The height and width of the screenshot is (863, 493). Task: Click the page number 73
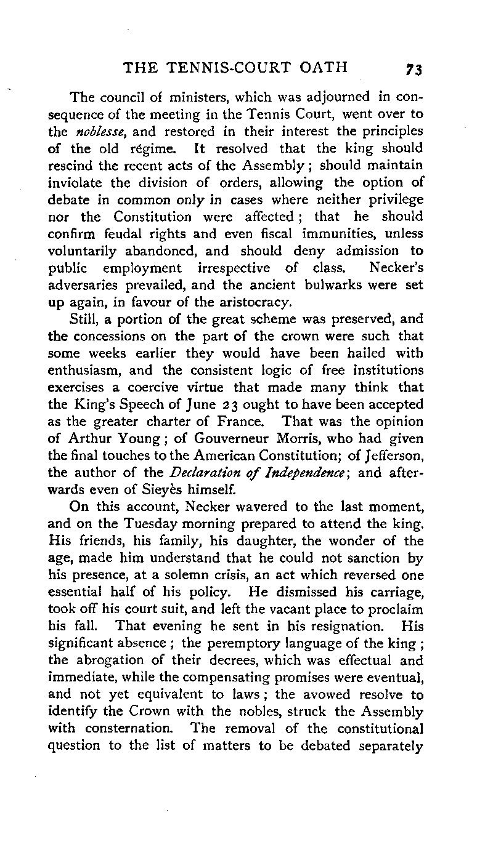[x=412, y=69]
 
